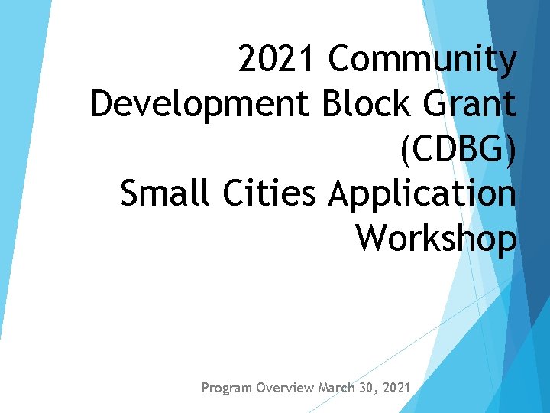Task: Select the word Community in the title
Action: pyautogui.click(x=423, y=60)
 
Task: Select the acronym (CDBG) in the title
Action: pyautogui.click(x=458, y=149)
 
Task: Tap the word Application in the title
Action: pyautogui.click(x=422, y=194)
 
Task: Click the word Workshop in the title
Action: pyautogui.click(x=436, y=238)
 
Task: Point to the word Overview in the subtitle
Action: pyautogui.click(x=285, y=388)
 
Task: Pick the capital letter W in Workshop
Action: pyautogui.click(x=374, y=238)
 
